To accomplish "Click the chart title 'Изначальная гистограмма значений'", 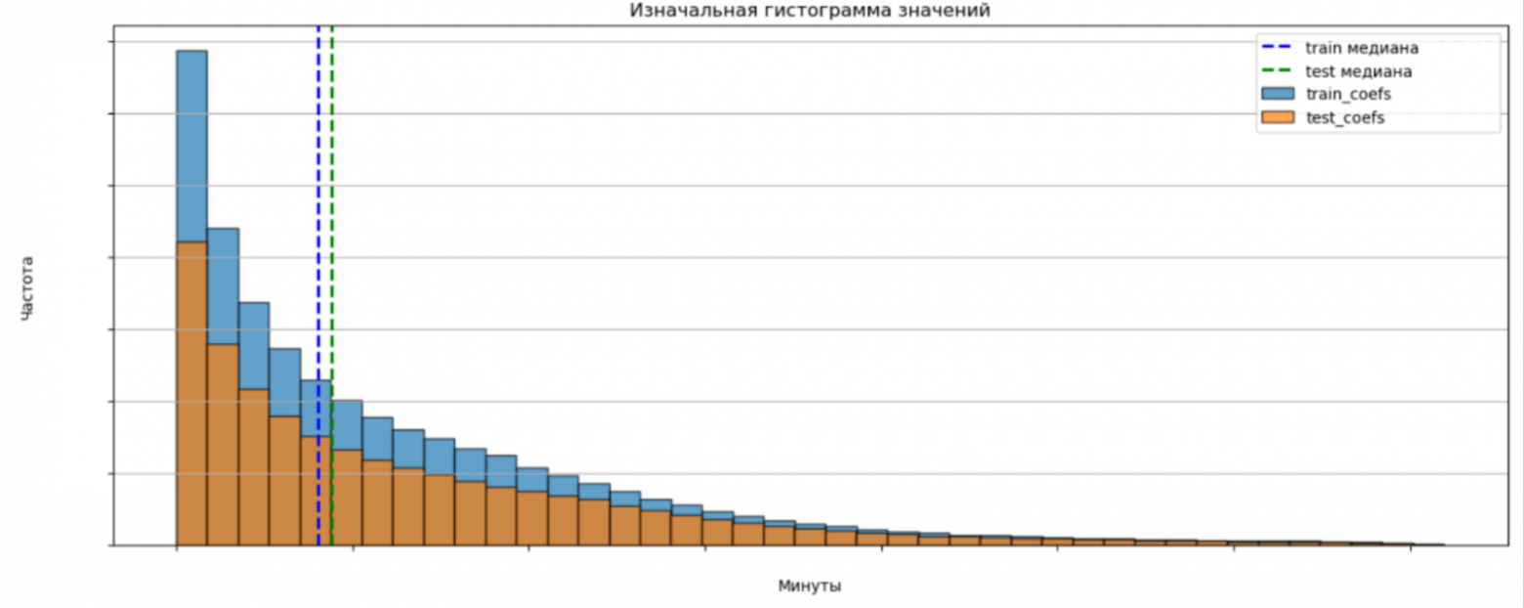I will [810, 12].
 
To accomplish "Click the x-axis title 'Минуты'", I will [810, 586].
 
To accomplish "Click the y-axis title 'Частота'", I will [27, 288].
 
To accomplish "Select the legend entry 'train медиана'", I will [1361, 48].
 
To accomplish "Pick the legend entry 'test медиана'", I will [1358, 71].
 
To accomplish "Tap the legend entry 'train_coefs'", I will [1347, 95].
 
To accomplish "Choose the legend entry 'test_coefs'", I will [1345, 118].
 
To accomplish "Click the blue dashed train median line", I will [318, 195].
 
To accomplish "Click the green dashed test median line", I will [332, 195].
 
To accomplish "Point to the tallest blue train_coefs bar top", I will [191, 52].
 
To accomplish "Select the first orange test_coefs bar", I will [191, 391].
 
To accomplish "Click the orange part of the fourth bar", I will [285, 480].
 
